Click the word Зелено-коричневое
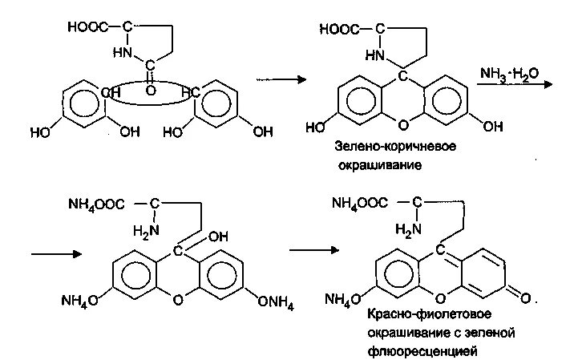click(x=380, y=148)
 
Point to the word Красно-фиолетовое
click(x=426, y=313)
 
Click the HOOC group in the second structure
click(x=337, y=30)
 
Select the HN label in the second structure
click(x=374, y=56)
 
